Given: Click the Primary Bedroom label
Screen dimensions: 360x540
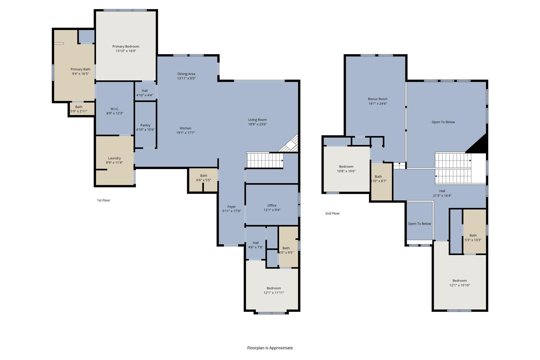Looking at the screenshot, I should click(126, 46).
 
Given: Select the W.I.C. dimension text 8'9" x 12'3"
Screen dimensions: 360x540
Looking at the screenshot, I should click(115, 113).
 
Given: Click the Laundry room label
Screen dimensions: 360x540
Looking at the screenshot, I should click(114, 158).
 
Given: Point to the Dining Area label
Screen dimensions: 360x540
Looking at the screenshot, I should click(186, 74).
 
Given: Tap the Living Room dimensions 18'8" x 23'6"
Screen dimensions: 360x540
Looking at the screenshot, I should click(257, 124).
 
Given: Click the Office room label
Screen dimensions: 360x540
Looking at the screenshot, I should click(272, 205).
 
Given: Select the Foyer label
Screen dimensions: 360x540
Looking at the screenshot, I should click(232, 207).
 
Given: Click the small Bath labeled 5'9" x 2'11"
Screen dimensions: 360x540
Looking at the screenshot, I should click(79, 109).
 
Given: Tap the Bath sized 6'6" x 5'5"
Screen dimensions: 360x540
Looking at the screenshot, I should click(204, 178).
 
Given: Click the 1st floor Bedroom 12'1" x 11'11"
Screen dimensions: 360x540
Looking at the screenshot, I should click(274, 290).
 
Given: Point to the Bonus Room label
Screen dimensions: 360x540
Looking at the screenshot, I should click(378, 99).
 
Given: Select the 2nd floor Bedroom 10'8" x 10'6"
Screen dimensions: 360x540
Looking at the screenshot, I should click(346, 169).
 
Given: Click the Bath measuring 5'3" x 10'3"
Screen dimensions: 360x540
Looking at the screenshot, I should click(473, 238).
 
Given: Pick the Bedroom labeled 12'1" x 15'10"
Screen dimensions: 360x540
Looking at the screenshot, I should click(460, 283).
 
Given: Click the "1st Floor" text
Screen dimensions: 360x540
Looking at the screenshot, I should click(104, 200).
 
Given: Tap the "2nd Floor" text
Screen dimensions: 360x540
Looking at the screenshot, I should click(332, 213).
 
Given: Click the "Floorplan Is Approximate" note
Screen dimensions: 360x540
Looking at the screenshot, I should click(270, 348).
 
